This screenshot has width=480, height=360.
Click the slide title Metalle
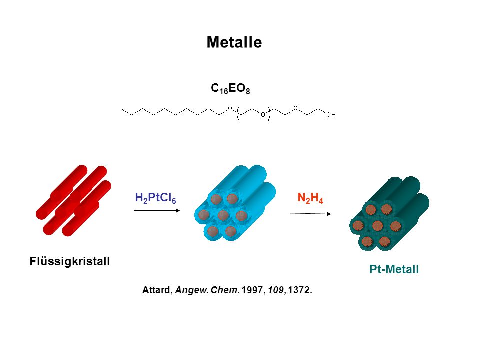[234, 42]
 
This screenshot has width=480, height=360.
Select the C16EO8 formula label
[230, 89]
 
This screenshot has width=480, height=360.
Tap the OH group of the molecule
[331, 115]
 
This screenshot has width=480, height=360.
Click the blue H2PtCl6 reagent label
[156, 198]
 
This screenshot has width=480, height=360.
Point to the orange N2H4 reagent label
[310, 198]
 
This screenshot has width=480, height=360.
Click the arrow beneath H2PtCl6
[157, 210]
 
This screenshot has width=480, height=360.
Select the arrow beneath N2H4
[310, 213]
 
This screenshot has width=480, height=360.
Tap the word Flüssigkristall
[70, 261]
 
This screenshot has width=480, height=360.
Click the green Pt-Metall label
[394, 269]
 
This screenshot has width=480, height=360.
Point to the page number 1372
[299, 290]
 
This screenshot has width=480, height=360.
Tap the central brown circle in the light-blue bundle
[223, 215]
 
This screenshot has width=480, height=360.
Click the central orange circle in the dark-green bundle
[377, 226]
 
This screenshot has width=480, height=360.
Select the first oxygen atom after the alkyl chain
[230, 108]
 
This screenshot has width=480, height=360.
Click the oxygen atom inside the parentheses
[263, 115]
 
